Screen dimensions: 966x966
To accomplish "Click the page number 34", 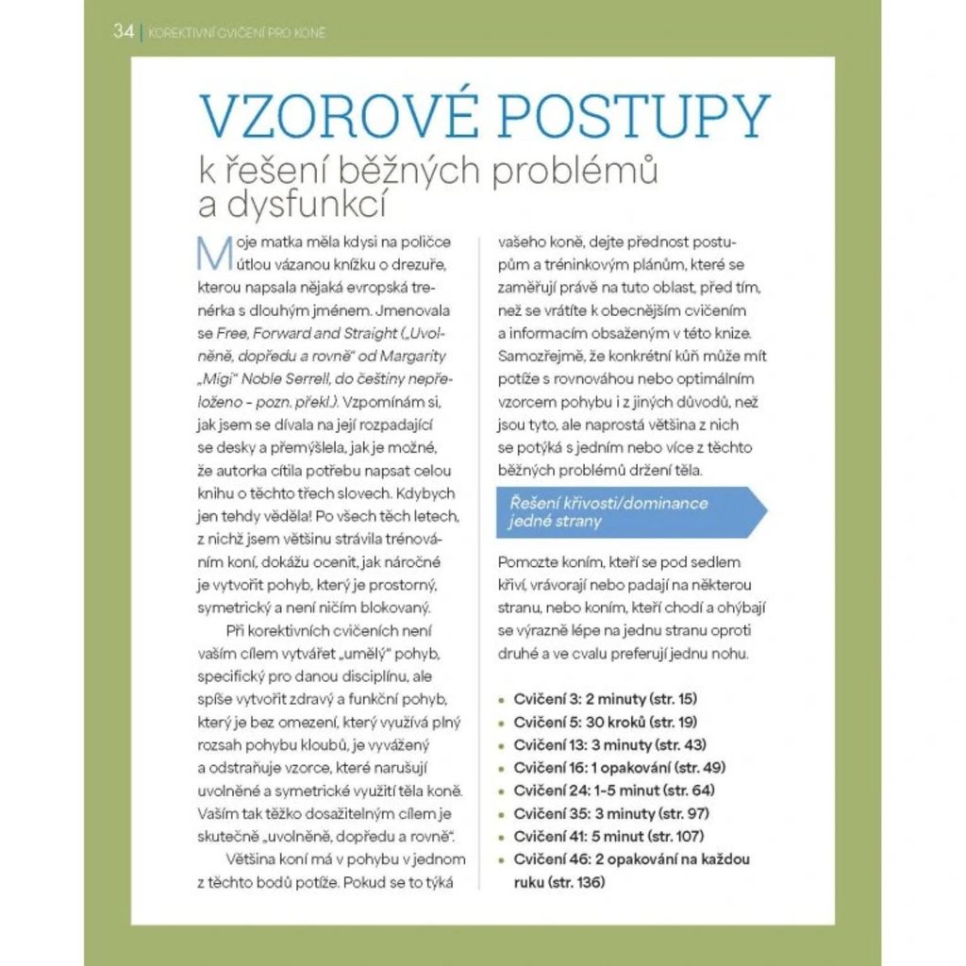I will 123,31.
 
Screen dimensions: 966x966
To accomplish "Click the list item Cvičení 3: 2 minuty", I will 605,699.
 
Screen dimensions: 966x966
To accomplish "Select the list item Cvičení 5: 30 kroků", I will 605,722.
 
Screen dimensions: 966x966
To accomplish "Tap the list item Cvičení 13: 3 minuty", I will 609,744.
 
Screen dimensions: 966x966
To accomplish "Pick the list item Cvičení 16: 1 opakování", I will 619,767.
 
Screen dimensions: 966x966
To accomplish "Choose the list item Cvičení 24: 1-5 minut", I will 614,790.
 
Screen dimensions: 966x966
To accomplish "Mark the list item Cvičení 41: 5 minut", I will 608,836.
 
